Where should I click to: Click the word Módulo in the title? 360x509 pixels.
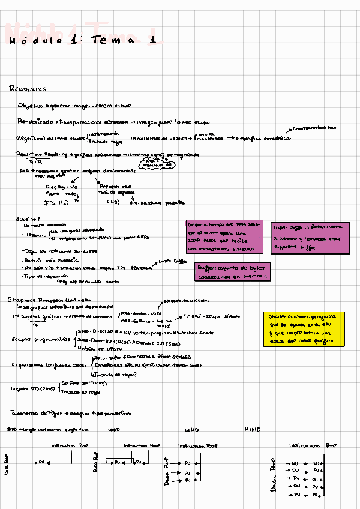coord(35,41)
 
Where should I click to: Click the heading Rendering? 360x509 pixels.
coord(28,89)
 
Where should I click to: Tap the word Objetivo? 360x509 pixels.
coord(30,106)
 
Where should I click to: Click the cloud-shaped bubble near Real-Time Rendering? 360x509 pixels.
coord(159,163)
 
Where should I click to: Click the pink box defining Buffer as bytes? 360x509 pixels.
coord(232,271)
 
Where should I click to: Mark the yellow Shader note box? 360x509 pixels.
coord(304,328)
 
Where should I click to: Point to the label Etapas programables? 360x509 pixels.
coord(41,339)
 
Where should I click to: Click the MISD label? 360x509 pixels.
coord(114,430)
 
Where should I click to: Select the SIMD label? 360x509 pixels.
coord(192,430)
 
